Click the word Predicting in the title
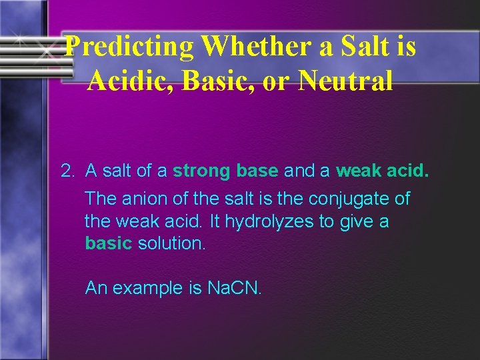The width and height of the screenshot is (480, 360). [130, 47]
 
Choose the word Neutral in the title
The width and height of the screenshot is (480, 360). [346, 81]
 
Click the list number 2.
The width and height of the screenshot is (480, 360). [67, 171]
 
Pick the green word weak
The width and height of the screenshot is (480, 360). [359, 171]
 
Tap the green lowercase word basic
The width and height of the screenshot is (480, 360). [109, 243]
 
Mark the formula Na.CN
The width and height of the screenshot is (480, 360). [235, 288]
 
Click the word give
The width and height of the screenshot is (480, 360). [353, 221]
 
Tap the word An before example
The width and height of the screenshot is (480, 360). [97, 288]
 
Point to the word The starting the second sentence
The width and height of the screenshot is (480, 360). [101, 199]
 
